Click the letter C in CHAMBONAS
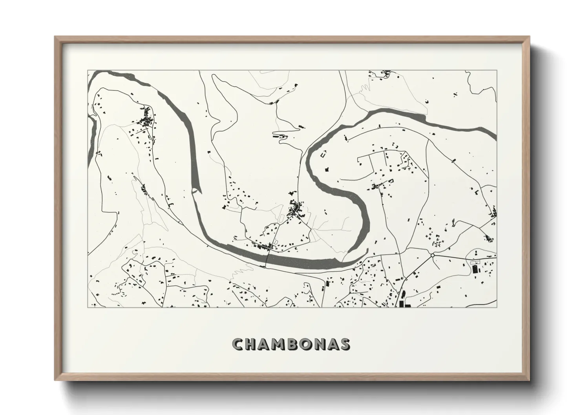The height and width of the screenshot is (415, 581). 238,344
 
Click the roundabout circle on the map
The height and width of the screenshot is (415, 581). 432,255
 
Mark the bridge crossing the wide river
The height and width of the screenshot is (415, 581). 268,259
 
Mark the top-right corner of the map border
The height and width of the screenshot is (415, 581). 497,71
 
